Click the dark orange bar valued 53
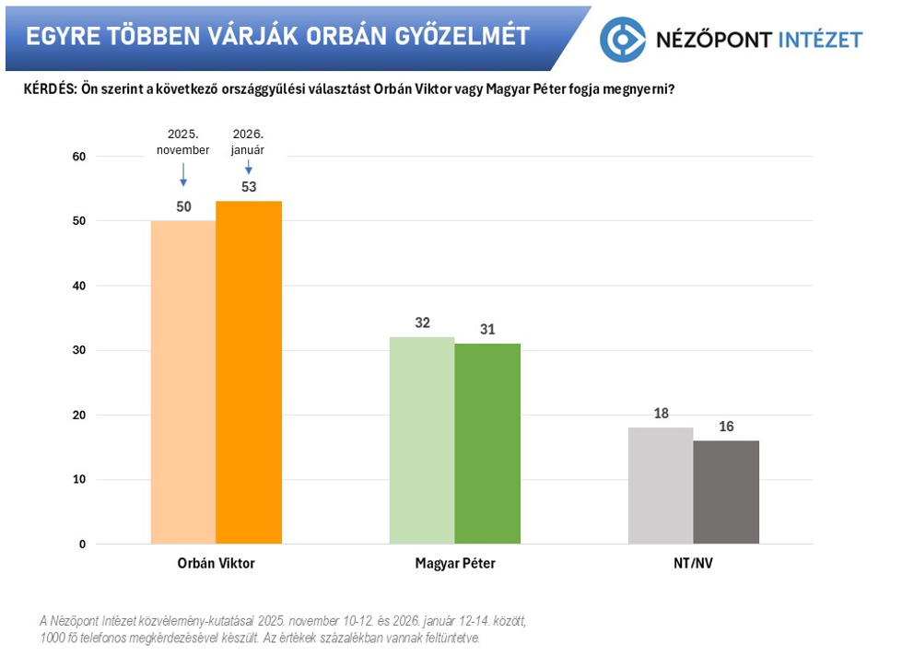tap(249, 372)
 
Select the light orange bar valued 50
tap(182, 382)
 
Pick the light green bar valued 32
tap(422, 440)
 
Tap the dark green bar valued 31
tap(487, 443)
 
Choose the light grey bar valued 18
tap(661, 486)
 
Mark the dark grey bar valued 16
tap(726, 492)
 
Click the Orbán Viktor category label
tap(216, 564)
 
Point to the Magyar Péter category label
tap(454, 564)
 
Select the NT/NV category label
tap(693, 564)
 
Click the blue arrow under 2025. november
tap(182, 174)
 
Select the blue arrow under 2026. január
tap(248, 167)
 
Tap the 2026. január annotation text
tap(248, 143)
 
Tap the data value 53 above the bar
tap(248, 187)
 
